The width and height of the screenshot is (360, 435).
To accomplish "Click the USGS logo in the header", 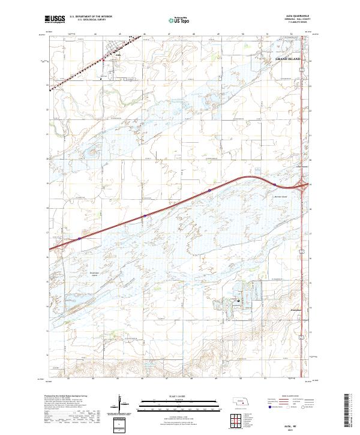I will click(x=55, y=19).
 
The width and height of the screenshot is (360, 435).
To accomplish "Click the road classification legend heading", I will click(x=288, y=397).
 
